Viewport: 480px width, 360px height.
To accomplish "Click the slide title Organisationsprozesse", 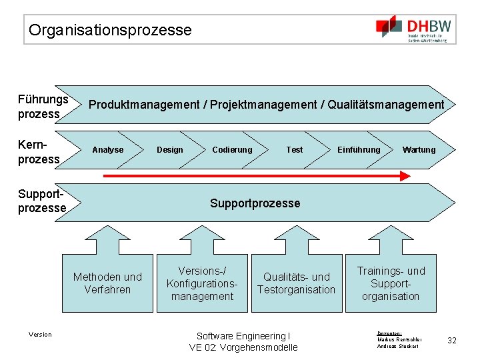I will click(x=110, y=30).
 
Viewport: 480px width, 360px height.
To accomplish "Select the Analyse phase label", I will click(x=108, y=150).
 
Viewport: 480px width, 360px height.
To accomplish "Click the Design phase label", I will click(x=169, y=150).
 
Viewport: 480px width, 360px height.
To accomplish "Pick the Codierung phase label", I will click(x=232, y=150).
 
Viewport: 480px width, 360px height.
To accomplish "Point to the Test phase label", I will click(x=294, y=150).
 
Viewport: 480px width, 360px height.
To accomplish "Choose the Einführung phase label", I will click(x=359, y=150).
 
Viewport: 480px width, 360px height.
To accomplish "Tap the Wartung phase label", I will click(x=419, y=150).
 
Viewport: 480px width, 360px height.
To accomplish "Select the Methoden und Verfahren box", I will click(x=107, y=283).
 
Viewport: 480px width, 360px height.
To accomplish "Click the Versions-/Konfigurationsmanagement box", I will click(x=202, y=283).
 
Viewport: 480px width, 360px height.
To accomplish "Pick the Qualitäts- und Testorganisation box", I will click(x=296, y=283).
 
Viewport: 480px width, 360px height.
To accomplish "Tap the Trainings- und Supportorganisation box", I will click(x=391, y=283).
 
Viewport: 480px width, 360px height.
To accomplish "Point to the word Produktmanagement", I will click(x=144, y=105).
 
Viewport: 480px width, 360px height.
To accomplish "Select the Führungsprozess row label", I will click(x=43, y=107).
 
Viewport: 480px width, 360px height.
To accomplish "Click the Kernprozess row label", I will click(x=39, y=151).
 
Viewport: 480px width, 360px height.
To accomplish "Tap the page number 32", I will click(x=452, y=341).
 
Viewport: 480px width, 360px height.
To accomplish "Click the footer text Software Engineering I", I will click(x=243, y=336).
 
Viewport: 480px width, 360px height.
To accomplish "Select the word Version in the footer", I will click(x=40, y=335).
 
